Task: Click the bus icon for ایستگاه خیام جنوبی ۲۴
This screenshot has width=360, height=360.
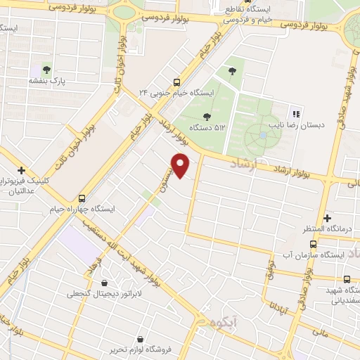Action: [x=176, y=81]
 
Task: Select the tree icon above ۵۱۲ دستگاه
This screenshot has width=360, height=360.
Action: [x=206, y=117]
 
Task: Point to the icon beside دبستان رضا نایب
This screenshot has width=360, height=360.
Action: [x=295, y=113]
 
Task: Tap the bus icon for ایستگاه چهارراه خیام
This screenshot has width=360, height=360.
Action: [x=82, y=198]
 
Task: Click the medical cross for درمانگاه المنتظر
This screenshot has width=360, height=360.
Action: [x=328, y=219]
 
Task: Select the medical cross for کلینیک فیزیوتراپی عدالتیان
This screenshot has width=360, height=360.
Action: [x=21, y=170]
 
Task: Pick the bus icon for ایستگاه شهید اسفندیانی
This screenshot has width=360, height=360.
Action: [x=347, y=279]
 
